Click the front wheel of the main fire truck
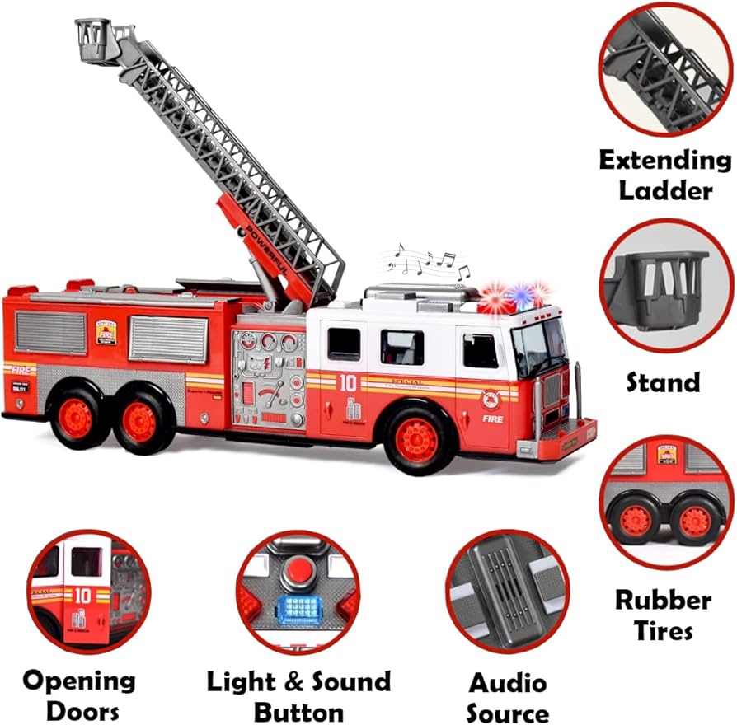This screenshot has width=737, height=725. point(416,440)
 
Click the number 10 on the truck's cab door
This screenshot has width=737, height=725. point(348,382)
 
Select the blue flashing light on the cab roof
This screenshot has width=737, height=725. point(519,295)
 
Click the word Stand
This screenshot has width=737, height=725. point(663,382)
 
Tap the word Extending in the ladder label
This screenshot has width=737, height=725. point(664,159)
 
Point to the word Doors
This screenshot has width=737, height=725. point(79,710)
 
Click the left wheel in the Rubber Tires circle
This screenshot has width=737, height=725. point(635,521)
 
